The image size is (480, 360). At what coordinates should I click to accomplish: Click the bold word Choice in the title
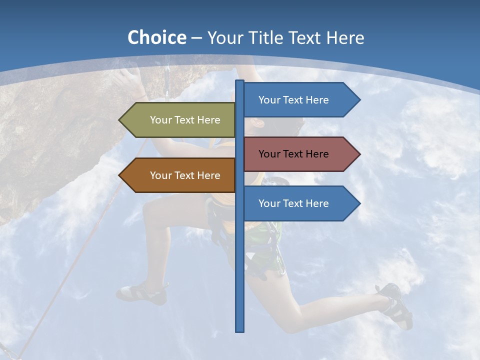tap(156, 37)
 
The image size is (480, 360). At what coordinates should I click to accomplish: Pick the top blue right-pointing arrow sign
tap(295, 100)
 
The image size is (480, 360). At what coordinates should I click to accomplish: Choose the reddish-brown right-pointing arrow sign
tap(295, 154)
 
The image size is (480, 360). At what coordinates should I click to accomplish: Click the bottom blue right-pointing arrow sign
tap(295, 203)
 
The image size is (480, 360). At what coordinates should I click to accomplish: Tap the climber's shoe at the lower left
tap(142, 293)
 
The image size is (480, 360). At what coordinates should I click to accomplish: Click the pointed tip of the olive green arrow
tap(120, 120)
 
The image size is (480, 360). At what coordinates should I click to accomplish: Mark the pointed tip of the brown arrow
tap(120, 175)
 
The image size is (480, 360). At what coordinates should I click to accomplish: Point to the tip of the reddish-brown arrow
tap(359, 154)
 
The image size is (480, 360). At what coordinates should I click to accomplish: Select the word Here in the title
tap(345, 37)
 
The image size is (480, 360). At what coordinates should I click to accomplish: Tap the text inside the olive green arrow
tap(185, 120)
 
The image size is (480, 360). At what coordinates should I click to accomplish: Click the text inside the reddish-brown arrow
tap(293, 154)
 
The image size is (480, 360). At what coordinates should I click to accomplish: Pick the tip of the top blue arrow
tap(359, 100)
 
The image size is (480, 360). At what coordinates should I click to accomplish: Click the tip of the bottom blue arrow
tap(359, 203)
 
